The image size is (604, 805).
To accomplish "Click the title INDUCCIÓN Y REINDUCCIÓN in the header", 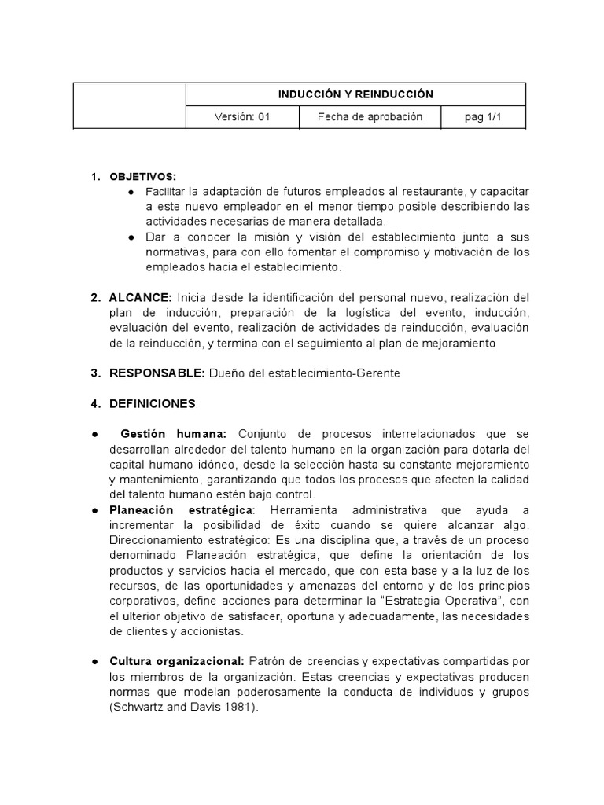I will [355, 94].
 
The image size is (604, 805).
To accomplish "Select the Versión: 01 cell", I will [242, 117].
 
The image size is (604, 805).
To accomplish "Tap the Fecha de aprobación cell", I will [370, 117].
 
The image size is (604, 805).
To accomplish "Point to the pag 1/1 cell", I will [483, 117].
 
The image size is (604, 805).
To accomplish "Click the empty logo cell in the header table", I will [130, 105].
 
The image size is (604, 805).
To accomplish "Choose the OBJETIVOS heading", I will [143, 176].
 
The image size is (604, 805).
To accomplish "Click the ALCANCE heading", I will [142, 298].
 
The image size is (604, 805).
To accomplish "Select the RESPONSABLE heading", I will [157, 373].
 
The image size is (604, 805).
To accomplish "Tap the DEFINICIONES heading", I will [153, 403].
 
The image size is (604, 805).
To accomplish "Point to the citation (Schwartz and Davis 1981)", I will [184, 707].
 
